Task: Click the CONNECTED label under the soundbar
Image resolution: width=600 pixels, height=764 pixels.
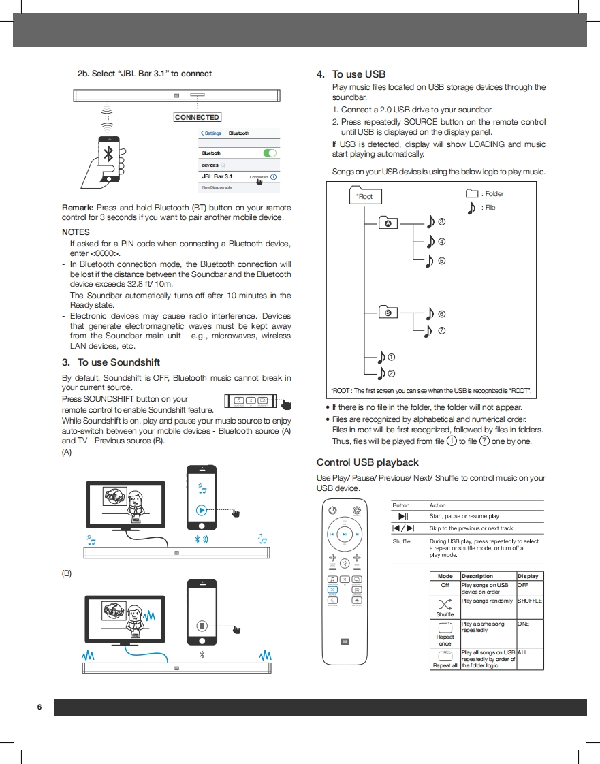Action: point(197,117)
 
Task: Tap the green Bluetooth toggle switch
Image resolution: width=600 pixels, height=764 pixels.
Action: point(270,153)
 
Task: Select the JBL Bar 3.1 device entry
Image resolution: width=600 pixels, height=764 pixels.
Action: point(217,176)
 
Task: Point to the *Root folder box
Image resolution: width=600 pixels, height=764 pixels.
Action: point(365,197)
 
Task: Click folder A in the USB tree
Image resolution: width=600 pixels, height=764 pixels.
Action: point(389,223)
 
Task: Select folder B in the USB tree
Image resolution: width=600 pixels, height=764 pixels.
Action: point(388,313)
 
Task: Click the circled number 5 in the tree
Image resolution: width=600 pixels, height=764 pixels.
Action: point(441,260)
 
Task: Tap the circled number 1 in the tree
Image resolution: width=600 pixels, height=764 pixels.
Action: point(392,357)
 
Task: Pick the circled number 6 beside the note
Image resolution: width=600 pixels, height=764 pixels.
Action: point(441,314)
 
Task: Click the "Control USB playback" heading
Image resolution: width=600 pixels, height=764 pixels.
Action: point(368,462)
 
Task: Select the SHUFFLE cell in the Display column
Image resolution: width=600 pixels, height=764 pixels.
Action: point(529,601)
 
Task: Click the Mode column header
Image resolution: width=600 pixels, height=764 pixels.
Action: point(445,576)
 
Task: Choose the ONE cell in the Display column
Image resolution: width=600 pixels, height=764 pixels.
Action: point(523,624)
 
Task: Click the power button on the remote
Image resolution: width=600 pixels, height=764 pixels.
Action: point(332,510)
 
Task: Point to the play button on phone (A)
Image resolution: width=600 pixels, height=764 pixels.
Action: point(202,509)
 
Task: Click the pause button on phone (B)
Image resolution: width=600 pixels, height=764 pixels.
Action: point(202,626)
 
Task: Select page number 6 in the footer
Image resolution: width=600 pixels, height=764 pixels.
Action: point(40,707)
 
